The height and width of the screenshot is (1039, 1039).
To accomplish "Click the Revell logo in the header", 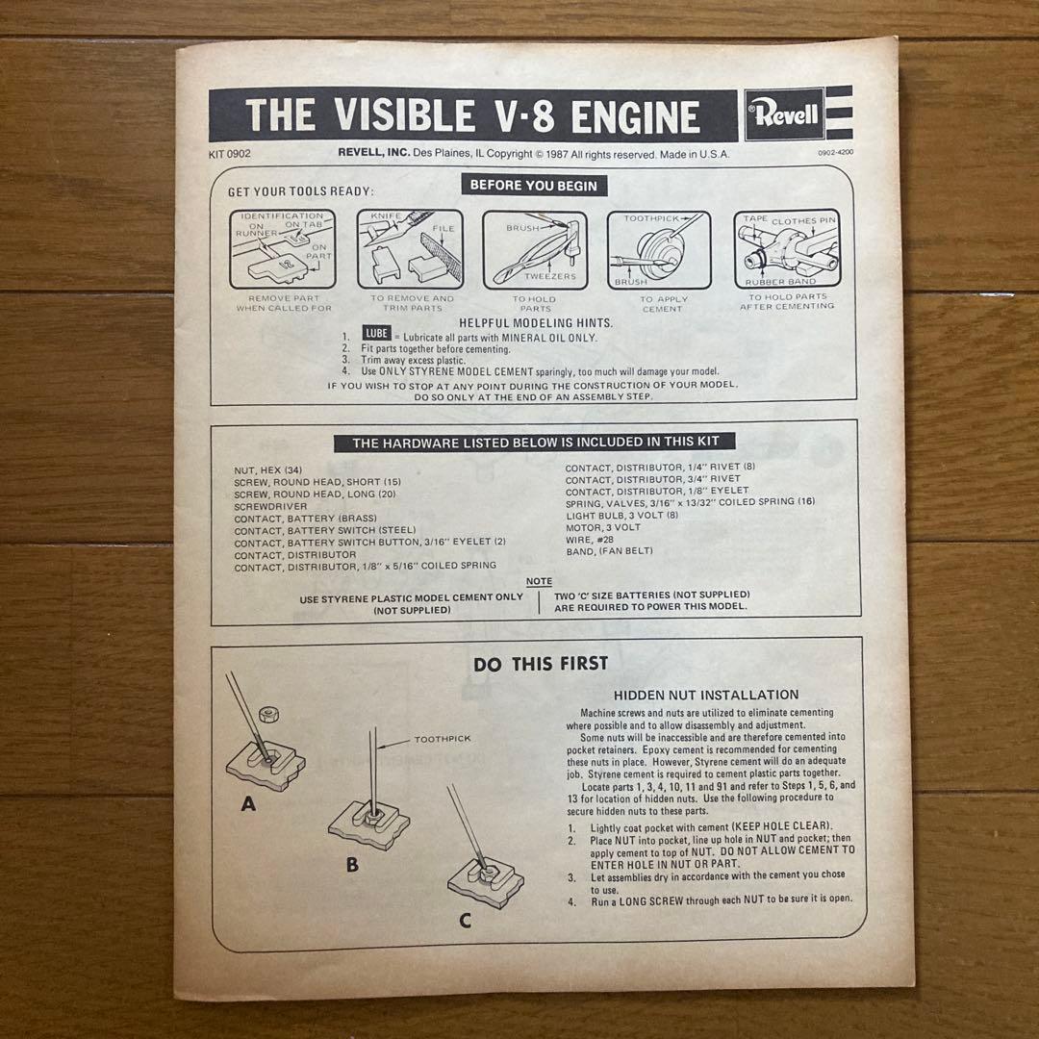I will [x=784, y=115].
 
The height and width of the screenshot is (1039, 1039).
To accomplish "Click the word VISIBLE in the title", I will [x=408, y=116].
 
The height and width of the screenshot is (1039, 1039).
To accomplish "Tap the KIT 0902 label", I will [x=229, y=153].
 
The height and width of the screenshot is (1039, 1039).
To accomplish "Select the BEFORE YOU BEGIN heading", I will [x=533, y=186].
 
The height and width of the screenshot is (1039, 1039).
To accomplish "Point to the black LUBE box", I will [x=376, y=333].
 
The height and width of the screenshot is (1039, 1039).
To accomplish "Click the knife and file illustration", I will [x=410, y=250].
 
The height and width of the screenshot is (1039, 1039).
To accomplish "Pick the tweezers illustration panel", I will [x=534, y=250].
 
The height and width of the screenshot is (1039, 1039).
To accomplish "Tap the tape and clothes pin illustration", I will [x=787, y=250].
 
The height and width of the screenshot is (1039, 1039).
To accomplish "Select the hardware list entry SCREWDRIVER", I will [x=271, y=506].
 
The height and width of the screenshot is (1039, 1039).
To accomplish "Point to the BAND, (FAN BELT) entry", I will [x=609, y=551].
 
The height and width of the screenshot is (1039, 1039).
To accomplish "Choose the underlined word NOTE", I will [x=539, y=582].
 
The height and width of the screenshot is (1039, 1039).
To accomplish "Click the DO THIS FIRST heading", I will [x=540, y=664].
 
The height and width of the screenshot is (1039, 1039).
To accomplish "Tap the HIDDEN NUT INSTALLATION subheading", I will [x=706, y=695].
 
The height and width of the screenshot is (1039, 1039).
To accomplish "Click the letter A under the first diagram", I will [x=248, y=805].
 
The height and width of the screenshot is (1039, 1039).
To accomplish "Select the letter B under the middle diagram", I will [x=352, y=864].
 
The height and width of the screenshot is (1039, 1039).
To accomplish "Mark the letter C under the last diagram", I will [x=465, y=921].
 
